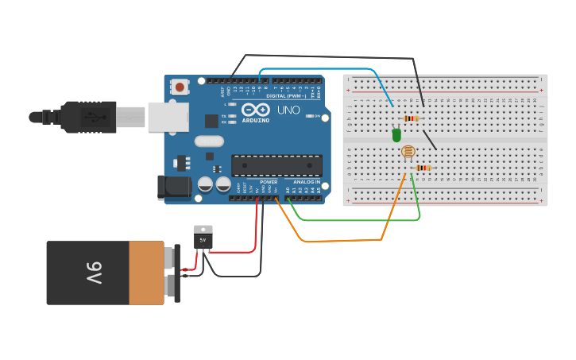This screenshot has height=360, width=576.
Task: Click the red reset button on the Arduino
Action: point(180,87)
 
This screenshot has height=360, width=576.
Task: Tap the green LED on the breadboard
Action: point(396,135)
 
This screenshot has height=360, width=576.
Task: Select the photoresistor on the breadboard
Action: point(408,151)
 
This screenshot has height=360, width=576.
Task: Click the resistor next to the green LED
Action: point(411,118)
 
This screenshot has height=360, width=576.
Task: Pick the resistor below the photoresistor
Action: point(423,168)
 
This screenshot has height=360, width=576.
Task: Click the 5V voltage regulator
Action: point(203,238)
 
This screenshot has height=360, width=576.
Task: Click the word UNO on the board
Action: point(288,110)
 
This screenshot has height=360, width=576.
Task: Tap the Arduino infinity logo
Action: point(256,110)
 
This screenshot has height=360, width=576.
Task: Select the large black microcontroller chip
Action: point(276,165)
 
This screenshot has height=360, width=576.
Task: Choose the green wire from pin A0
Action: point(358,220)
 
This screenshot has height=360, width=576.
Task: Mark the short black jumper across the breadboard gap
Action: point(429,139)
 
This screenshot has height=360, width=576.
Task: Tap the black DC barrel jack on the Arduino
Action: point(174,188)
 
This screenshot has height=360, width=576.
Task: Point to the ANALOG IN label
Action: point(306,182)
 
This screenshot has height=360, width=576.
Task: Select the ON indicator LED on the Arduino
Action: point(309,116)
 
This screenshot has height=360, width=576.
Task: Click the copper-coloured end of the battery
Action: point(146,273)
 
